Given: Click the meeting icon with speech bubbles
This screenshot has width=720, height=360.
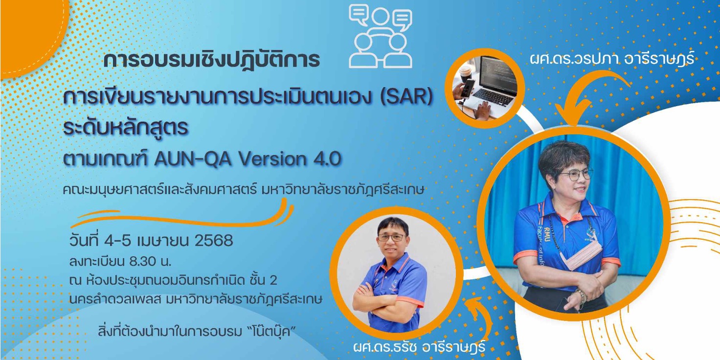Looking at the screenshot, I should [x=381, y=36].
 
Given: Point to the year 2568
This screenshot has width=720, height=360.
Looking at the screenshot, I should [x=214, y=241].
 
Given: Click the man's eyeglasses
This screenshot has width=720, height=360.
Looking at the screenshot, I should [x=392, y=238].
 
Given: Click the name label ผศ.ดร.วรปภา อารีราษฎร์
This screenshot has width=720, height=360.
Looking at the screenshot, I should [x=611, y=60].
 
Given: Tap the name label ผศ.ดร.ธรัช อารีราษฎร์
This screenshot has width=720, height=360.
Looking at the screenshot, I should [x=419, y=348].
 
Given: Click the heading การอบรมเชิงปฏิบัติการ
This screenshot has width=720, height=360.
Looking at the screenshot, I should [x=212, y=60].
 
